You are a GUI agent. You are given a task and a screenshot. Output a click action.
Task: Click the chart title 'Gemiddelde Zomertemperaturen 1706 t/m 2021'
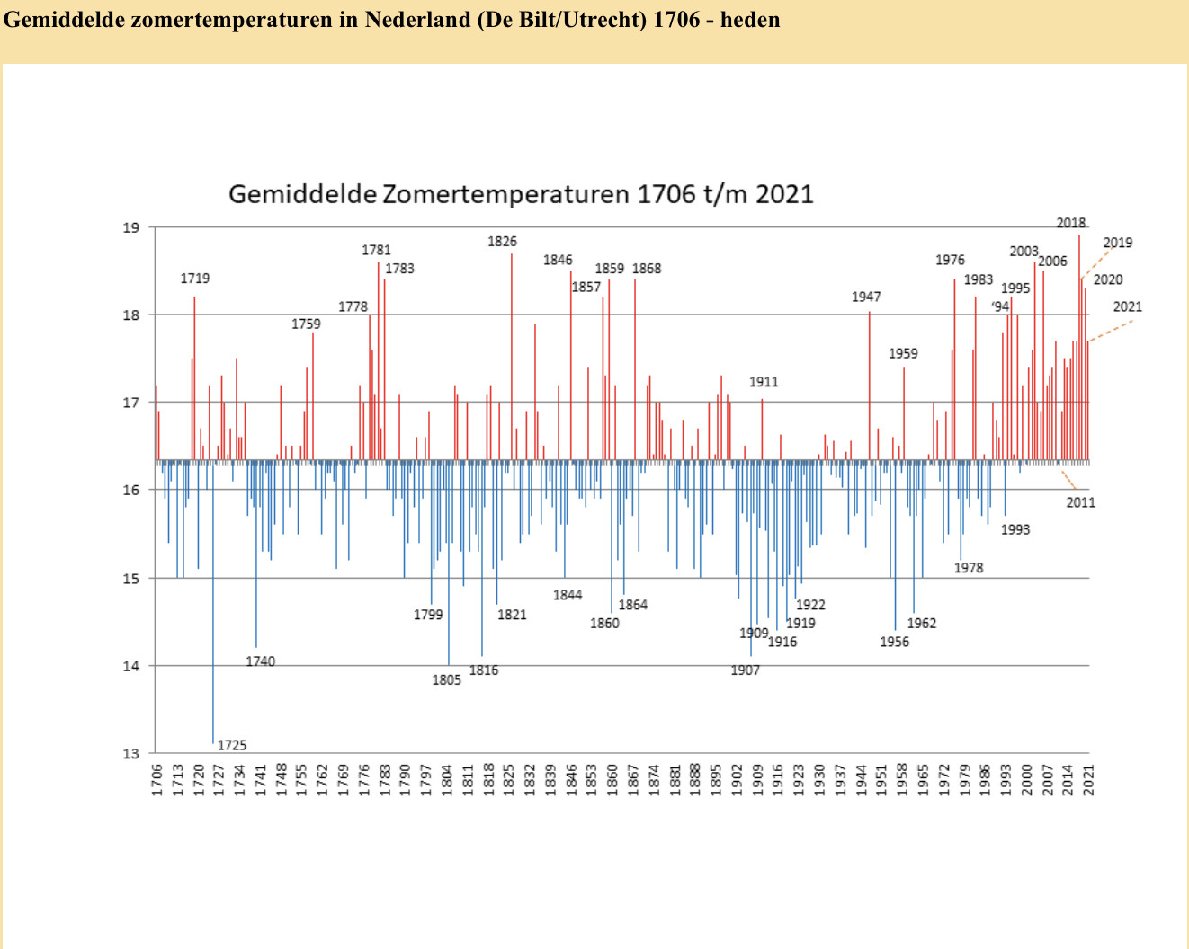[x=521, y=194]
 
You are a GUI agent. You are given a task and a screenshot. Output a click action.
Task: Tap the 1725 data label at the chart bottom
[x=232, y=745]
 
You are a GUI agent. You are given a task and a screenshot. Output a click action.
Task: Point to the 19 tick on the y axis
[x=131, y=227]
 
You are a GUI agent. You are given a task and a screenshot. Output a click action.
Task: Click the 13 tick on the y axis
[x=131, y=753]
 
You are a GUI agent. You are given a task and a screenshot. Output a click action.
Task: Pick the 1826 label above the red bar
[x=503, y=241]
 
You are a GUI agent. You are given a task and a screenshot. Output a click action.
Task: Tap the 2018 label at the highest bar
[x=1071, y=223]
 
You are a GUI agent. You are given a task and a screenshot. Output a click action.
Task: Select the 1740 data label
[x=261, y=661]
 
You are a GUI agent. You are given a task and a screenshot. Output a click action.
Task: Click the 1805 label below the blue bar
[x=447, y=679]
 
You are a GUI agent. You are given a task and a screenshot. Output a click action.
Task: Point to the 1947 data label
[x=866, y=297]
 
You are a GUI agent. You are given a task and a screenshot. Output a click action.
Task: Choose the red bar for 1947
[x=870, y=386]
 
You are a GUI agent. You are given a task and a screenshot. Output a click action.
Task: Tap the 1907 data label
[x=746, y=670]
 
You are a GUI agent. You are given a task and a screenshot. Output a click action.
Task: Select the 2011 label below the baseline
[x=1081, y=502]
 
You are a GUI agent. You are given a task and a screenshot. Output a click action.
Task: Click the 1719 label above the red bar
[x=195, y=279]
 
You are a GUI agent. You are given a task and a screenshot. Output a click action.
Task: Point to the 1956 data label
[x=895, y=642]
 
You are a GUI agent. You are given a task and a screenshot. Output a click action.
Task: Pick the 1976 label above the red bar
[x=950, y=260]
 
